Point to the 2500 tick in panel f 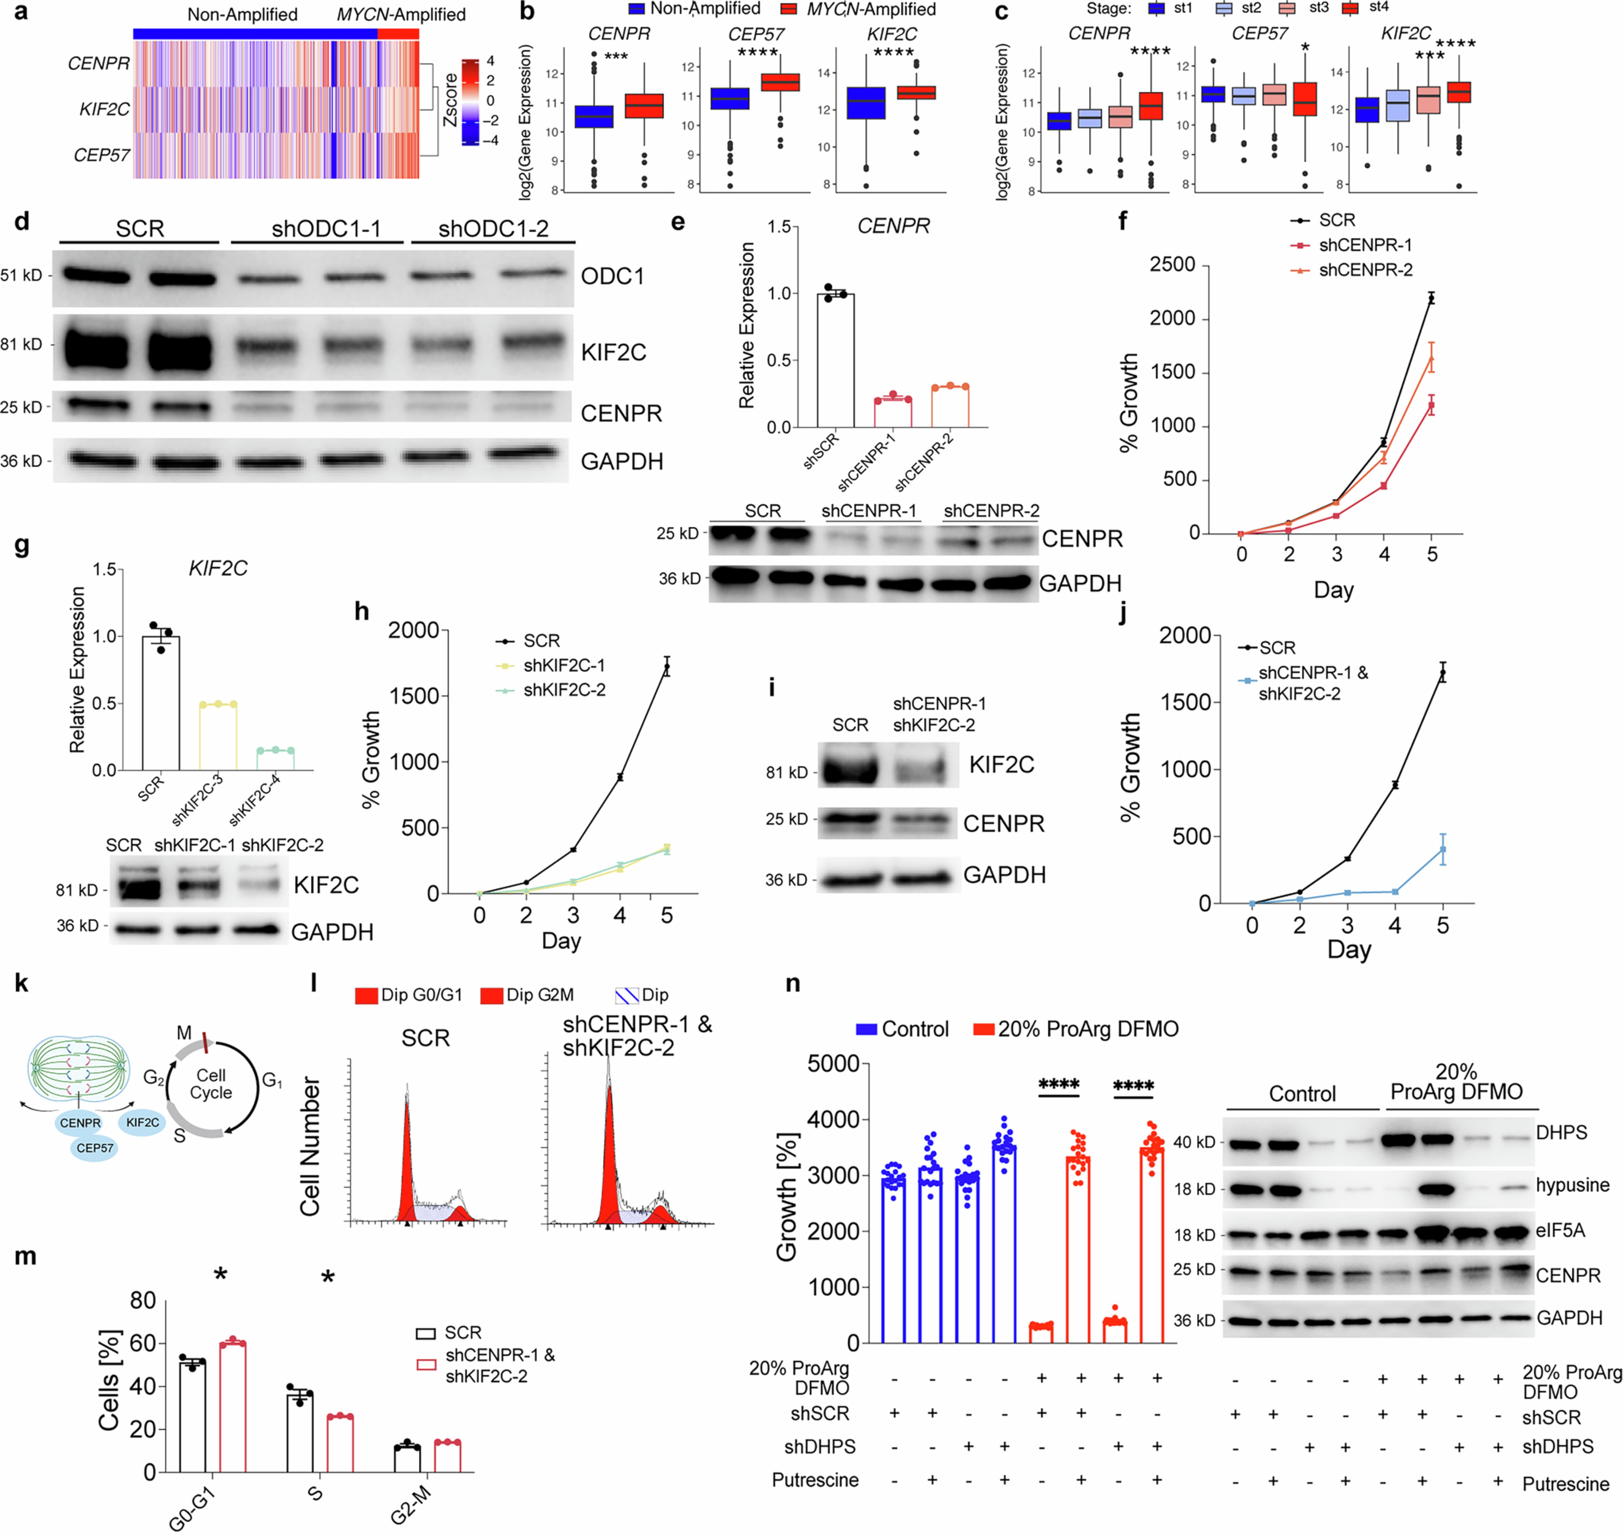(x=1172, y=265)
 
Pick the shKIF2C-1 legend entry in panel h (x=564, y=665)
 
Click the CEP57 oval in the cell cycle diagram (x=95, y=1148)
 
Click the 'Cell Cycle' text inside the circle (x=211, y=1084)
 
